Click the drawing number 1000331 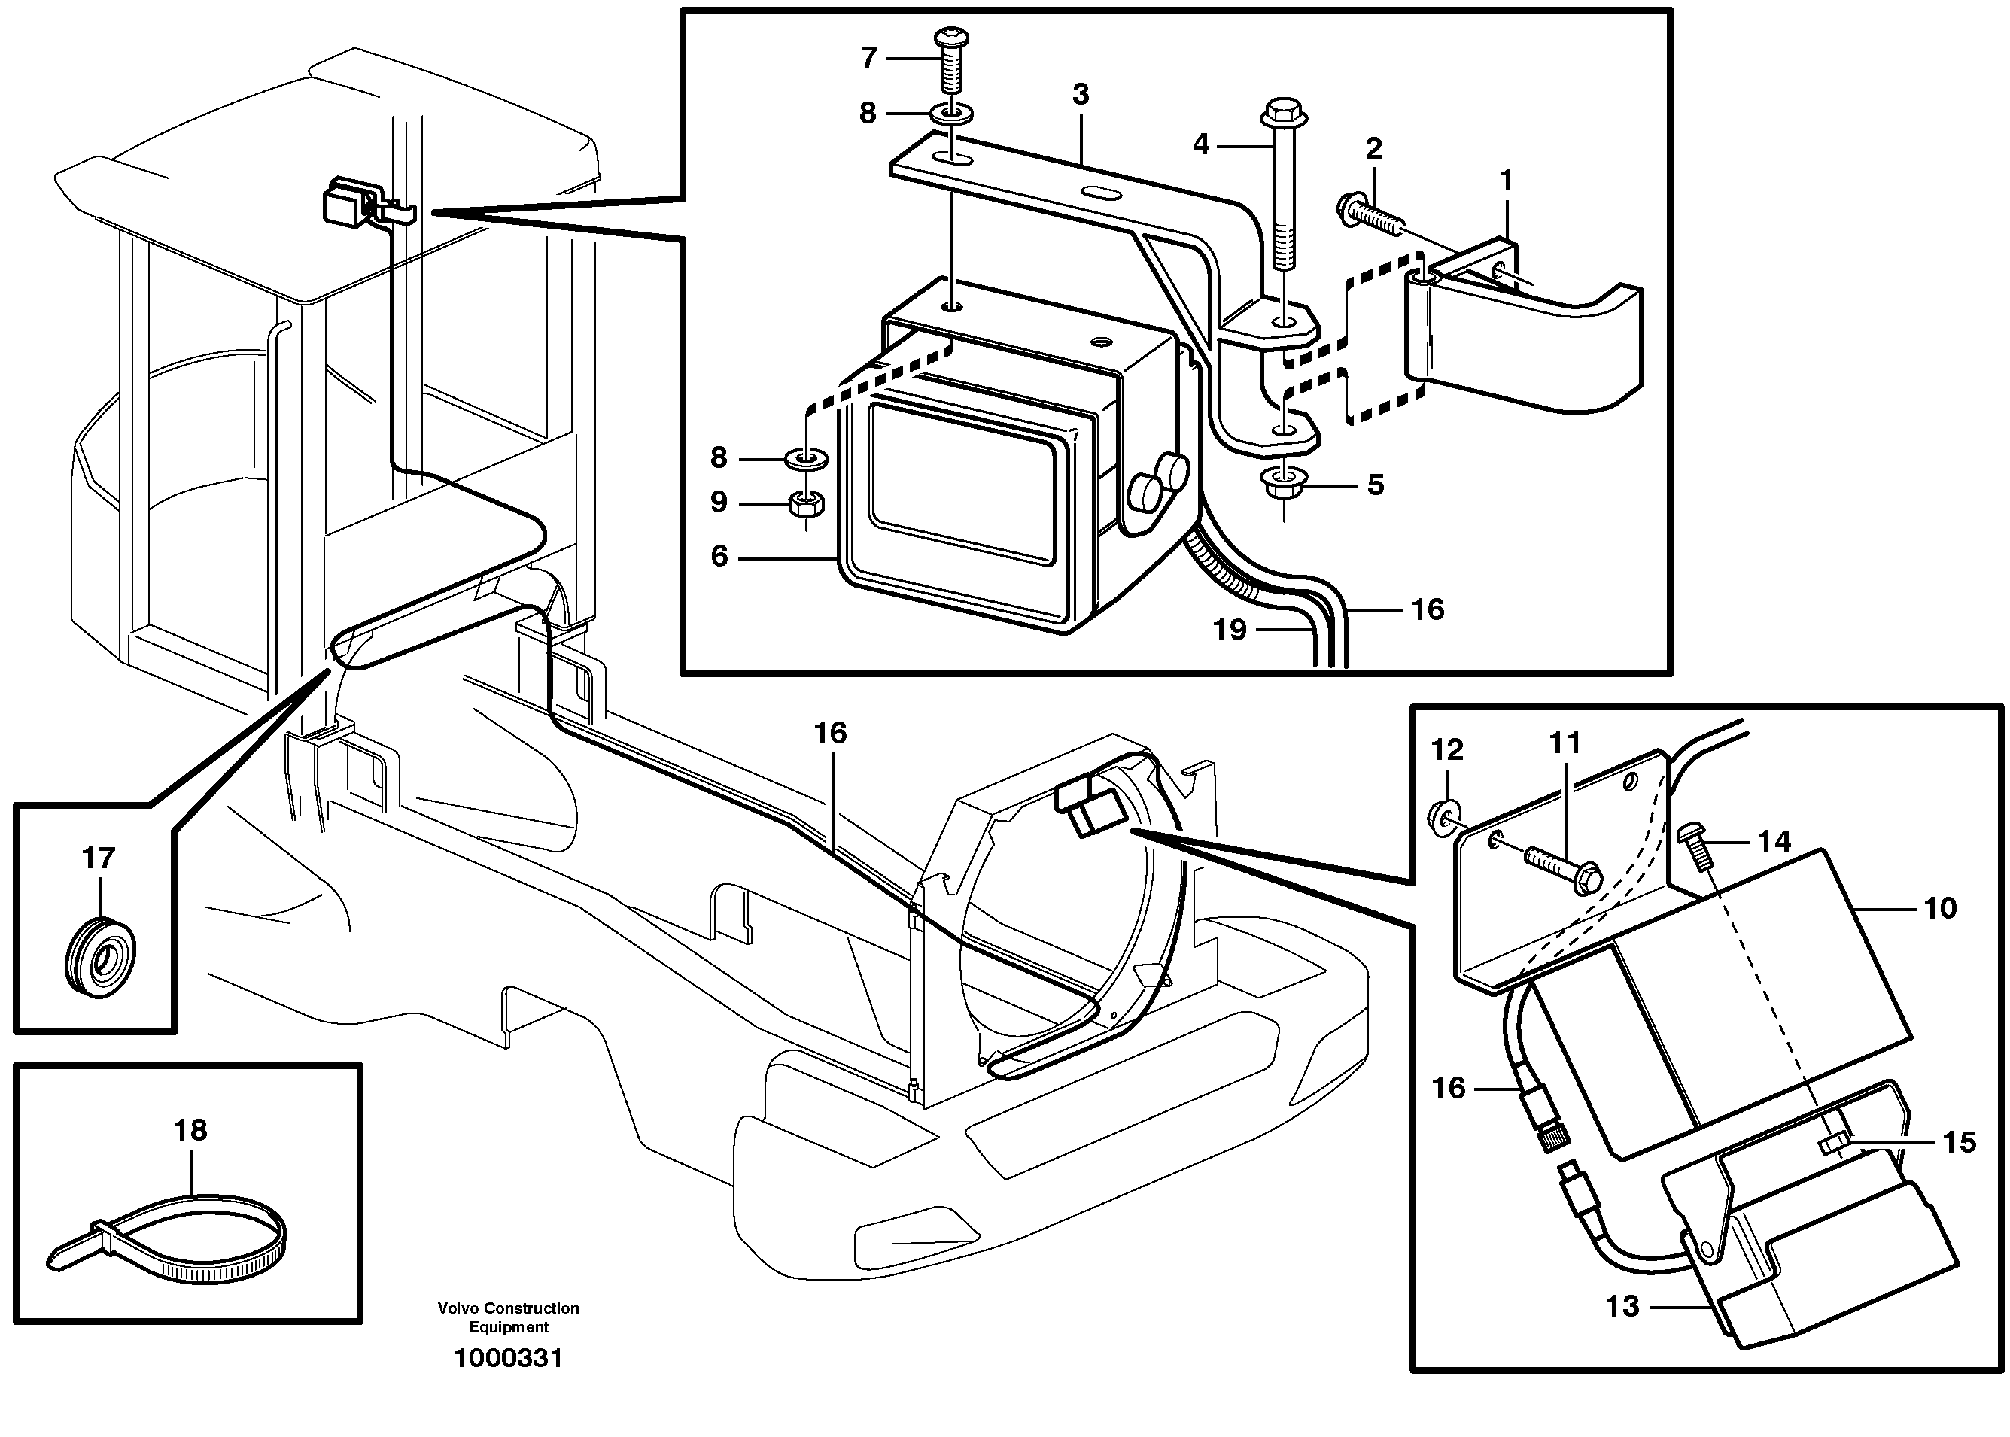click(x=508, y=1358)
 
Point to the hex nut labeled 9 click(x=806, y=506)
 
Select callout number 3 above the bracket click(x=1080, y=94)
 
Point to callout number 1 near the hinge click(x=1506, y=181)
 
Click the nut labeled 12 click(x=1444, y=813)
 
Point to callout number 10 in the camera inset click(x=1940, y=908)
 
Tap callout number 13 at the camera click(x=1622, y=1306)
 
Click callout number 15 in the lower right click(x=1959, y=1142)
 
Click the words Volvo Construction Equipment click(x=508, y=1317)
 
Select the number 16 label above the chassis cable click(x=830, y=733)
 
